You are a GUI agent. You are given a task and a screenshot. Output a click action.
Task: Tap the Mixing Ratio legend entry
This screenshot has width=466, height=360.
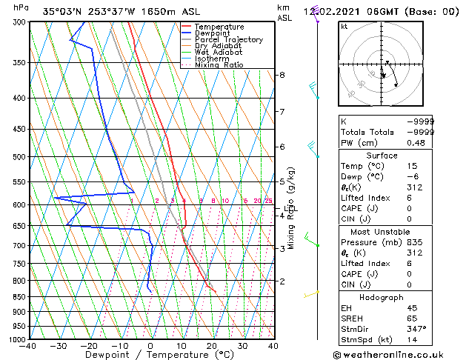click(x=219, y=65)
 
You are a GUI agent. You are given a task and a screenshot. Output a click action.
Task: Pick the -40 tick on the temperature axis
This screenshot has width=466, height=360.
click(x=29, y=346)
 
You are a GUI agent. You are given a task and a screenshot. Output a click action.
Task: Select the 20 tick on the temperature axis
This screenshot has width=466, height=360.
click(x=212, y=346)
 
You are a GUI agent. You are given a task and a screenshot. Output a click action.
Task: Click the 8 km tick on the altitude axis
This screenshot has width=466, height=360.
click(x=282, y=75)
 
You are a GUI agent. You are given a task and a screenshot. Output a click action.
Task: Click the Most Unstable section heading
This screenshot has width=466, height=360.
click(x=382, y=232)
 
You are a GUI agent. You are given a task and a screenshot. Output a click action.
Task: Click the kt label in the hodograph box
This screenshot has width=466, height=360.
click(x=344, y=26)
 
